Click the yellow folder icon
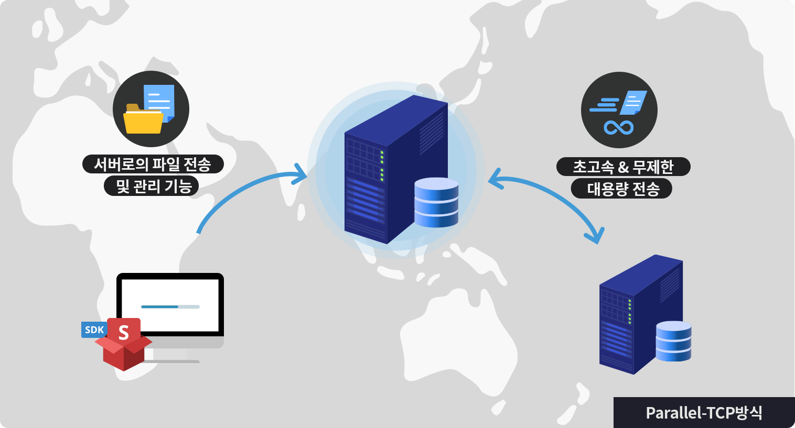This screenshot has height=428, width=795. click(x=142, y=120)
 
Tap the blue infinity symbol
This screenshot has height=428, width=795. click(x=619, y=127)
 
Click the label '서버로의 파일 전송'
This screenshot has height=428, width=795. click(x=153, y=164)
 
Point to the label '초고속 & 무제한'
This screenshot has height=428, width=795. click(x=623, y=167)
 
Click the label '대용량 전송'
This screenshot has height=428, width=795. click(x=622, y=189)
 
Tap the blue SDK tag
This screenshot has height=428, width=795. click(x=94, y=330)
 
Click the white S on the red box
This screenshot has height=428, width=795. click(x=124, y=333)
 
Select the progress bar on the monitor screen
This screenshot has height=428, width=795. click(x=170, y=306)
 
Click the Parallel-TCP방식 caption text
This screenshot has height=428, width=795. click(x=704, y=413)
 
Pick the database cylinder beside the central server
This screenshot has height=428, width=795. click(x=436, y=202)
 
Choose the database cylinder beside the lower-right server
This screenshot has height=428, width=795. click(x=673, y=341)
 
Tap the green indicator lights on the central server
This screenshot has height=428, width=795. click(x=382, y=166)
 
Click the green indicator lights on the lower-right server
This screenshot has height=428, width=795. click(x=630, y=311)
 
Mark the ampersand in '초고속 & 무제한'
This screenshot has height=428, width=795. click(x=623, y=168)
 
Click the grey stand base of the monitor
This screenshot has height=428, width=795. click(x=173, y=361)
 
